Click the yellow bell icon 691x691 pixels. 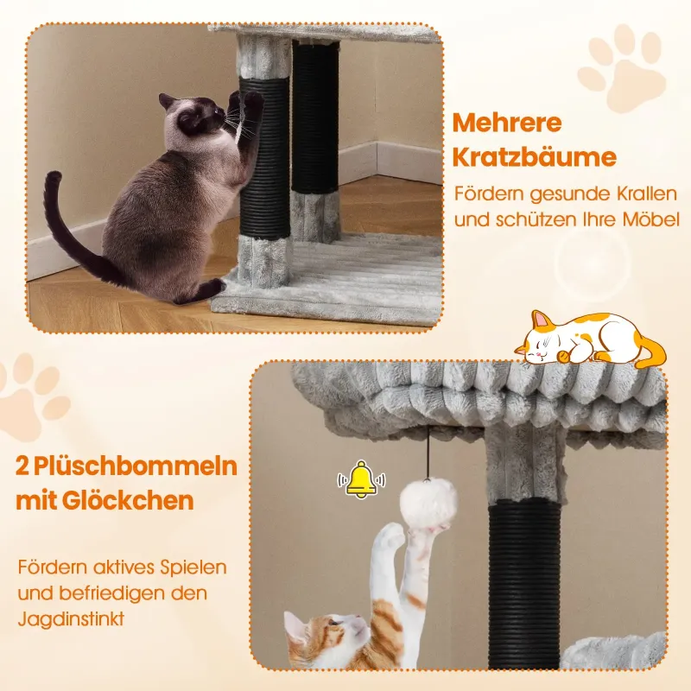[x=361, y=479]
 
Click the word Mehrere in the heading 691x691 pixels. [x=507, y=123]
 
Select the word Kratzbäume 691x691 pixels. [x=534, y=156]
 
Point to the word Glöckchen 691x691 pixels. [x=128, y=500]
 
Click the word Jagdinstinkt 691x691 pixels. [x=71, y=619]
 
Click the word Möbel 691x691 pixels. [x=651, y=219]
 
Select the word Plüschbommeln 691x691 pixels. [x=136, y=466]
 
